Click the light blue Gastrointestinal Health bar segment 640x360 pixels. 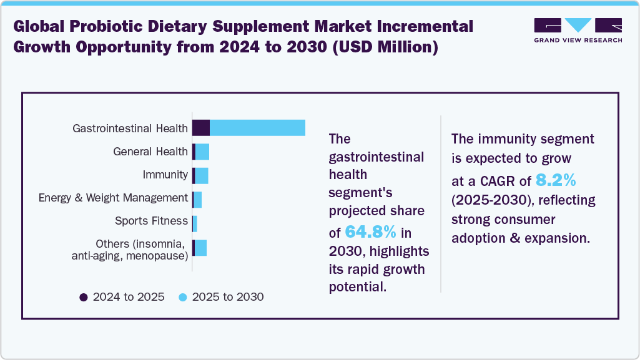point(257,128)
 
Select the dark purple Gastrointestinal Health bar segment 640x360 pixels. point(200,128)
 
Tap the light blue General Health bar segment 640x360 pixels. point(202,152)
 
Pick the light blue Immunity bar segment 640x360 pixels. point(202,175)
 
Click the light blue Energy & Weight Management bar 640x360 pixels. point(198,199)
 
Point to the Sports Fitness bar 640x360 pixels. point(195,223)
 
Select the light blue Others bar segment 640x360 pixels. point(200,248)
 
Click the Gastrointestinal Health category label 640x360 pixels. point(130,129)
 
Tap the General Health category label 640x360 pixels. point(150,152)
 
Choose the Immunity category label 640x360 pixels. point(165,175)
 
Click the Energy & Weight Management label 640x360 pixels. point(113,198)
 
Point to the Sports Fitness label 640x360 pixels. point(151,221)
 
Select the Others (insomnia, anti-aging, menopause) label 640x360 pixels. point(130,250)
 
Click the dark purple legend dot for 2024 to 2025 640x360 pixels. point(84,297)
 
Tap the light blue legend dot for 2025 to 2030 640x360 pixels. point(182,297)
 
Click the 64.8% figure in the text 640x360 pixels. point(371,233)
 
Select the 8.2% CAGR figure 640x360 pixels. point(556,181)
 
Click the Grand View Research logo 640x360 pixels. point(578,31)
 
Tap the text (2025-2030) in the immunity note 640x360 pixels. point(491,200)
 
